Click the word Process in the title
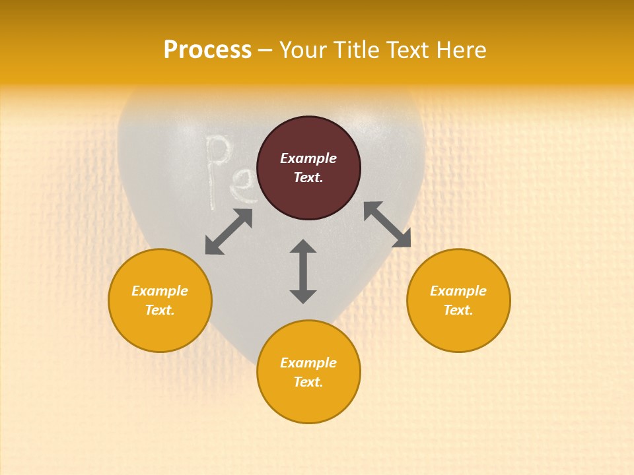tap(207, 50)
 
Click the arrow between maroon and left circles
tap(229, 232)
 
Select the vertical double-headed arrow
tap(303, 271)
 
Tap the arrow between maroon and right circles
tap(387, 224)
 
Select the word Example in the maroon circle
tap(308, 158)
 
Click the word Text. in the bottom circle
tap(308, 382)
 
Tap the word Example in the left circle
tap(160, 291)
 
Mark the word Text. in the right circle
tap(458, 310)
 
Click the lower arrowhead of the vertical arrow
tap(303, 295)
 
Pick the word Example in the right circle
tap(458, 291)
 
